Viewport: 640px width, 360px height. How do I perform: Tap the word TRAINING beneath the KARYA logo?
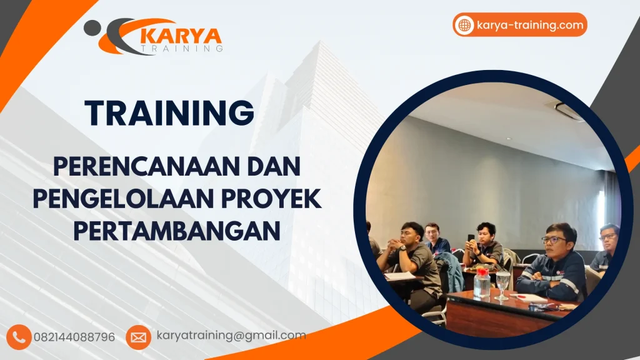coord(181,48)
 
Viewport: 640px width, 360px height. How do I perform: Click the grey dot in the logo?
coord(92,27)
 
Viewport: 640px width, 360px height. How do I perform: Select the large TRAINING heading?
coord(170,113)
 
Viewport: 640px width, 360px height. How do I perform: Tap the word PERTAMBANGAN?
coord(176,231)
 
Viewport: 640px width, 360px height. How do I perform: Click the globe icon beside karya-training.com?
coord(464,25)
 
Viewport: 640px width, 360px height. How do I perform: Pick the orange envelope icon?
coord(138,337)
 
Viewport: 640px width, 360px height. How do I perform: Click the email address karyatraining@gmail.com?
coord(231,336)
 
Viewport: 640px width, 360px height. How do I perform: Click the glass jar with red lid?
coord(481,282)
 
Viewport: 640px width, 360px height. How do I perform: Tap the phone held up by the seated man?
coord(471,238)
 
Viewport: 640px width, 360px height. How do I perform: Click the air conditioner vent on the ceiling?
coord(569,112)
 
